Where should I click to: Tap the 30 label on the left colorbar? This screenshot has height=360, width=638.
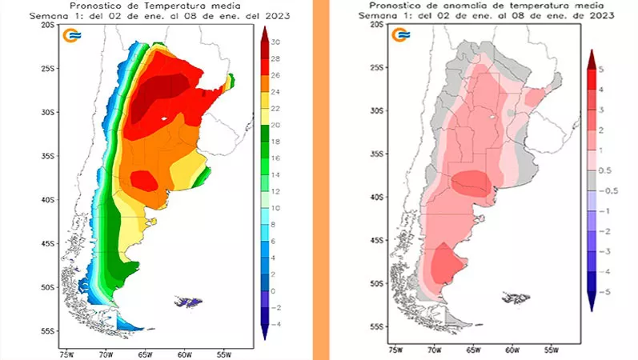point(275,42)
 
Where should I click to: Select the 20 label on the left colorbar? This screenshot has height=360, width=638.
point(275,125)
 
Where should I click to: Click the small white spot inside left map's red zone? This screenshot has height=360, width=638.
point(164,118)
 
